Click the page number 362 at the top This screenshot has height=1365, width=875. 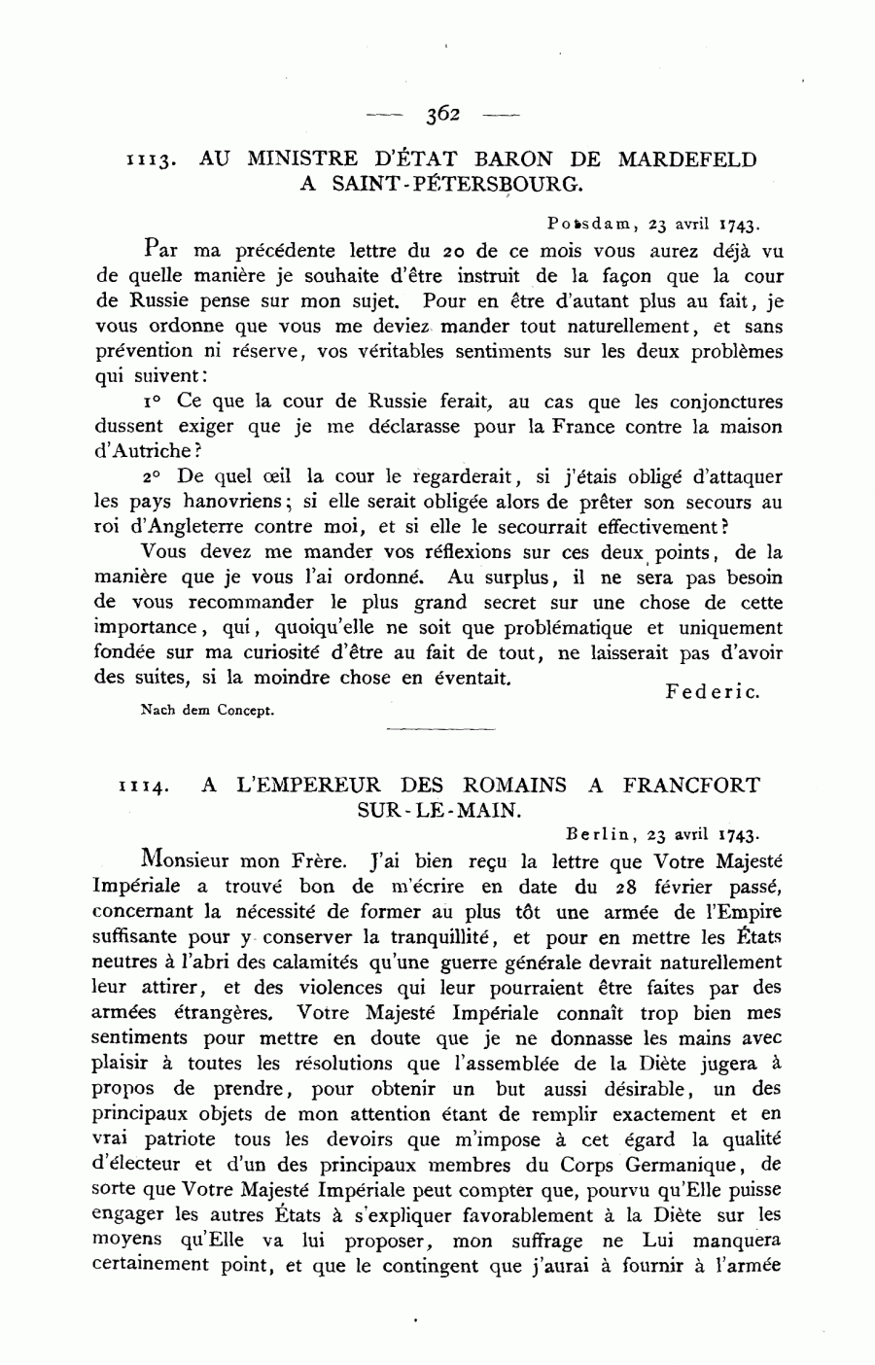[441, 113]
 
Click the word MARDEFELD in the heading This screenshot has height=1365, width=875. [686, 158]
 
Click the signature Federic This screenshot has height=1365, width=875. [713, 691]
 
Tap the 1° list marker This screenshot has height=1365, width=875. [151, 401]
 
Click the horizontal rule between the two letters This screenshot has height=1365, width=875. [441, 728]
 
